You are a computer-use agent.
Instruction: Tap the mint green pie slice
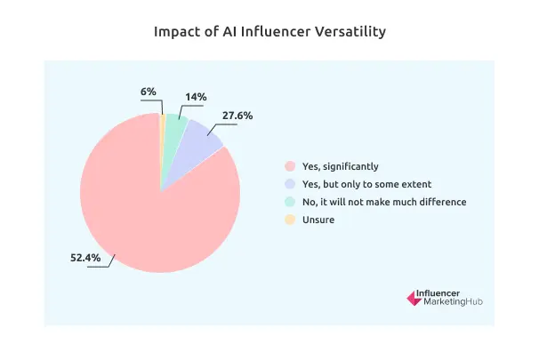click(175, 129)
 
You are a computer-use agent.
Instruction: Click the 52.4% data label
click(86, 259)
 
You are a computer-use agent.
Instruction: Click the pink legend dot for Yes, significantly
click(288, 166)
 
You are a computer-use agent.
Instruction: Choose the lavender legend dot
click(288, 184)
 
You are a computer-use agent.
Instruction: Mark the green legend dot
click(288, 202)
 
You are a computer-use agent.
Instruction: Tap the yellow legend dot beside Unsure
click(288, 220)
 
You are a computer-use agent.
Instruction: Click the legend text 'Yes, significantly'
click(340, 166)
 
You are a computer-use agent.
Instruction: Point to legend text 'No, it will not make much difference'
click(383, 202)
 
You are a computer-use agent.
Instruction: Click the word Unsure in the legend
click(318, 220)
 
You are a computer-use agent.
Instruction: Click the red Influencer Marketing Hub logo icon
click(413, 299)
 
